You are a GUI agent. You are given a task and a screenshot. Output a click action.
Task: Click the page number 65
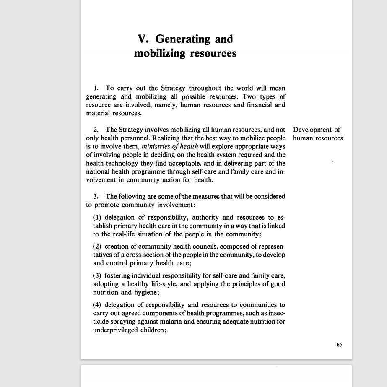(339, 345)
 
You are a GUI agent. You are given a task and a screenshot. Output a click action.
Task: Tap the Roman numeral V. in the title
(144, 39)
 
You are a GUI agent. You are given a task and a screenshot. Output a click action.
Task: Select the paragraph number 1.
(96, 88)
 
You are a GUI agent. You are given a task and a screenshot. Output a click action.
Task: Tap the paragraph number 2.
(96, 130)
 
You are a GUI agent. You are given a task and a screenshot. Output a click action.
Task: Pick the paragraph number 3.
(96, 196)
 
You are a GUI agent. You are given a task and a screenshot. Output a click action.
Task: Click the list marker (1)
(97, 217)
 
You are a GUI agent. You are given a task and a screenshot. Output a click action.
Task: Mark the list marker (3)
(97, 275)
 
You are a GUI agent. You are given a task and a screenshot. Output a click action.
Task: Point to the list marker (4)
(97, 305)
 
